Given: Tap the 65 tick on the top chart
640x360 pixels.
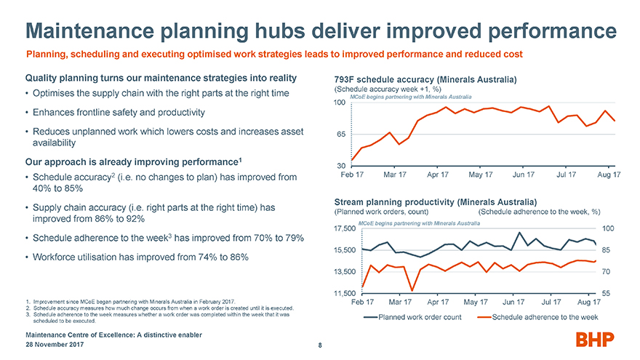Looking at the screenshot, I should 340,134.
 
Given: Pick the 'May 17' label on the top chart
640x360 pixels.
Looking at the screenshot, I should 481,175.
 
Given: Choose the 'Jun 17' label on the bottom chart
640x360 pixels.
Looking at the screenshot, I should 514,301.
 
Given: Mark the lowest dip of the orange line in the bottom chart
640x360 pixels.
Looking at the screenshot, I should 412,289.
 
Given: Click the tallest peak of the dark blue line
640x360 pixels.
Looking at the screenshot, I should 519,233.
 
